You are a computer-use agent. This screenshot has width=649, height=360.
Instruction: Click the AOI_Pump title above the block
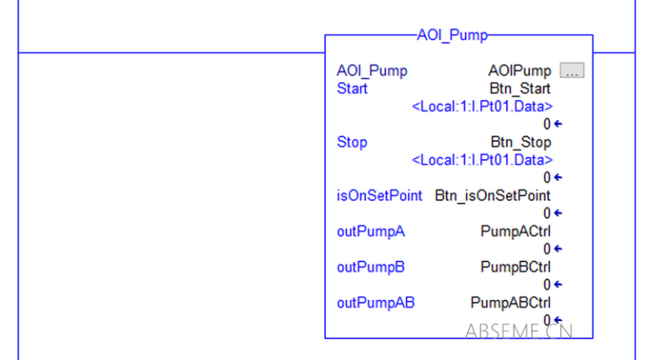[452, 35]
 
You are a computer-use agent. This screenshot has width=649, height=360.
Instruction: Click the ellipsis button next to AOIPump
[572, 71]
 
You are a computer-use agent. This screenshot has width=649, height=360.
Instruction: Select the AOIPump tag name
[519, 71]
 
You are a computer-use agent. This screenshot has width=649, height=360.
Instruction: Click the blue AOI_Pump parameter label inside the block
[372, 71]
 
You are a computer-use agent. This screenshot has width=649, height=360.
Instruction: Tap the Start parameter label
[352, 89]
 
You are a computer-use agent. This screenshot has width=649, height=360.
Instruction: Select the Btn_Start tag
[520, 89]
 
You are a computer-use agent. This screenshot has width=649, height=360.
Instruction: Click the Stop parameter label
[352, 142]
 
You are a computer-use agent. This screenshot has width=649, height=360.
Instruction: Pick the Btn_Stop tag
[521, 142]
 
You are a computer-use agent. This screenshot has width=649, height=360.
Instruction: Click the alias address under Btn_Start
[482, 106]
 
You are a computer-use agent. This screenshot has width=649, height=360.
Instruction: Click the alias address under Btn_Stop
[482, 160]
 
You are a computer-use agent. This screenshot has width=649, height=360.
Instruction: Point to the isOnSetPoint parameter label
[379, 196]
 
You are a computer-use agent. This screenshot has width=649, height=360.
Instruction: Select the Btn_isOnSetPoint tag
[493, 196]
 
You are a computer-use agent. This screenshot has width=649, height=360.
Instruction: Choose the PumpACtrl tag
[515, 232]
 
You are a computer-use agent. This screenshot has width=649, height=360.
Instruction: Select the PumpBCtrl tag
[515, 267]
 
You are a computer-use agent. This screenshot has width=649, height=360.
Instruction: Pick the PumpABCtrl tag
[510, 303]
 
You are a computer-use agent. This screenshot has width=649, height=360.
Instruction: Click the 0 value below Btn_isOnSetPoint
[548, 213]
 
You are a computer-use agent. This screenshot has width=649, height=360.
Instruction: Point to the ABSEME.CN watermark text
[518, 330]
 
